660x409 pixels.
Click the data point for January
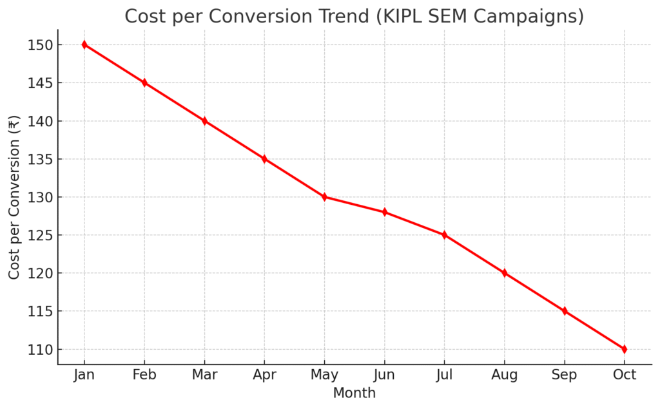[x=84, y=44]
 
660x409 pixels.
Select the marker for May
[x=324, y=197]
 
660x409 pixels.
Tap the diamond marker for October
[x=624, y=349]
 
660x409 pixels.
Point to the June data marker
[x=384, y=212]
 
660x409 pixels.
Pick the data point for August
[x=504, y=273]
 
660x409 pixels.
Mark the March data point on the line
[x=204, y=121]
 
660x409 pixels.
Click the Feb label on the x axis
[x=144, y=375]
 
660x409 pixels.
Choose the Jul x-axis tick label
[x=444, y=375]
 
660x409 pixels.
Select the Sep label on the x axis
[x=564, y=375]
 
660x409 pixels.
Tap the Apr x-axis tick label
[x=264, y=376]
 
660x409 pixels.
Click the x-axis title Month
[x=354, y=392]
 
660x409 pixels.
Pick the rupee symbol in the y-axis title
[x=14, y=122]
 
